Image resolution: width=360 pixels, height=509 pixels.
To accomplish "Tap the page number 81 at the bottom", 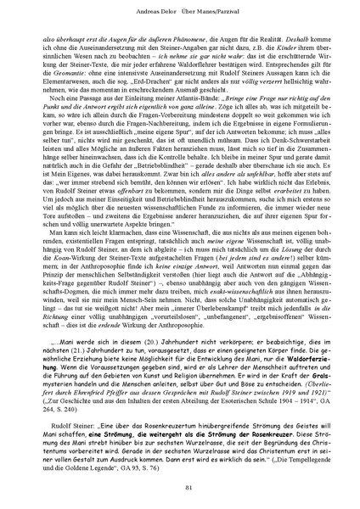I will tap(180, 486).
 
